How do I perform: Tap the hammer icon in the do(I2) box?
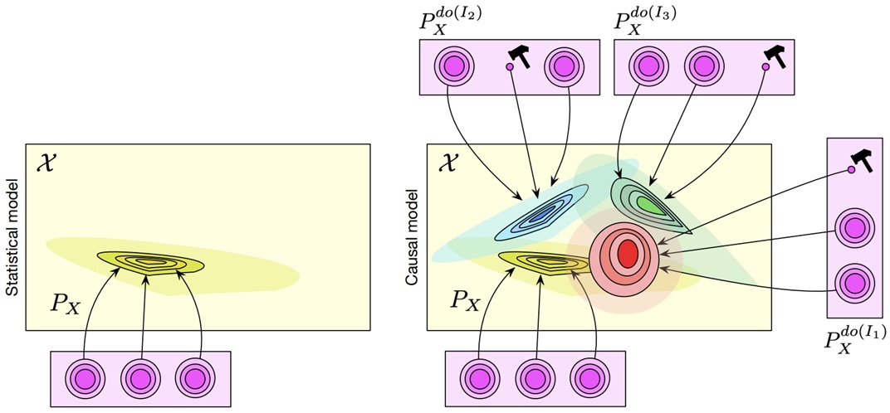point(520,56)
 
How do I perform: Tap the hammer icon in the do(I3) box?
point(775,56)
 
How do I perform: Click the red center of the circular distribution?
point(627,253)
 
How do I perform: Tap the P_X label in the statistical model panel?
point(66,305)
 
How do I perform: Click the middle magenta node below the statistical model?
point(141,377)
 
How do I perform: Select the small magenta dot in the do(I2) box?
point(510,67)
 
